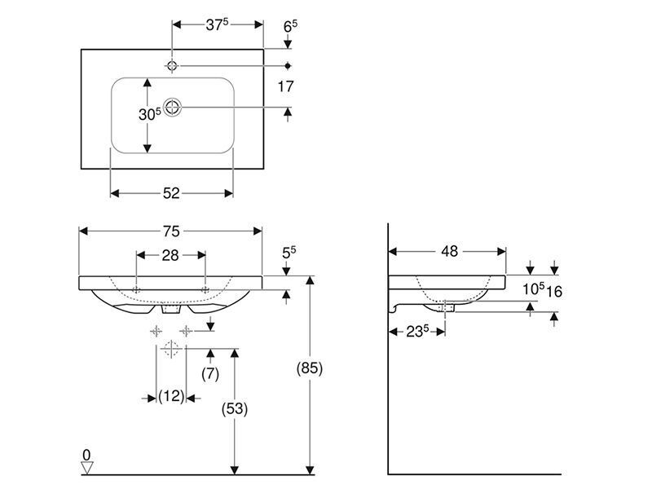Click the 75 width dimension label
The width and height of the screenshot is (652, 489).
pos(171,231)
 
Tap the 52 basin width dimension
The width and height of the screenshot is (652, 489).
pos(171,193)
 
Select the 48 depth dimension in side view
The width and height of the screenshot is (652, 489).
pos(449,251)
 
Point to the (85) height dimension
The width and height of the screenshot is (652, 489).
pos(310,368)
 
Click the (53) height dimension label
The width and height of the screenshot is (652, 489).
pos(235,409)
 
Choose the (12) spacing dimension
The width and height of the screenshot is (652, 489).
pos(171,396)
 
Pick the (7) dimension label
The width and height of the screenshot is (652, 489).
pos(210,374)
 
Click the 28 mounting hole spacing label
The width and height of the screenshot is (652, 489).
pos(170,255)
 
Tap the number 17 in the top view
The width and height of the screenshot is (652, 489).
pos(286,86)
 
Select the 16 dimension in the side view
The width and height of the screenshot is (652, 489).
pos(554,292)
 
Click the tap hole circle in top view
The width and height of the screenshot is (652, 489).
pos(172,66)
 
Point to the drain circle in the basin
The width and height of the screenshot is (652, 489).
pos(172,108)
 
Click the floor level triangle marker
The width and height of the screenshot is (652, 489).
pos(87,468)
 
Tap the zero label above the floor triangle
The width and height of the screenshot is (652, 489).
pos(86,456)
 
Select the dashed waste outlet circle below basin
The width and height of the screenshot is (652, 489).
pos(171,349)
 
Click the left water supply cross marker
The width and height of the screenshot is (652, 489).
pos(156,331)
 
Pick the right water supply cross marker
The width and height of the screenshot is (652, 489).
pos(186,331)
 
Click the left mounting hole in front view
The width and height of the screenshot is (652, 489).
pos(136,290)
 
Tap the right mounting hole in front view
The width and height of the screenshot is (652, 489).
pos(205,290)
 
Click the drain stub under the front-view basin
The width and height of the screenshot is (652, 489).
pos(171,309)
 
